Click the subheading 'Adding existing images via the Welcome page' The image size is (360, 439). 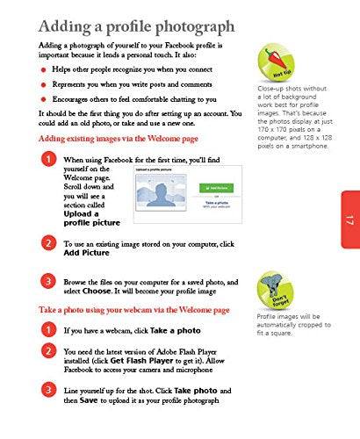117,140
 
